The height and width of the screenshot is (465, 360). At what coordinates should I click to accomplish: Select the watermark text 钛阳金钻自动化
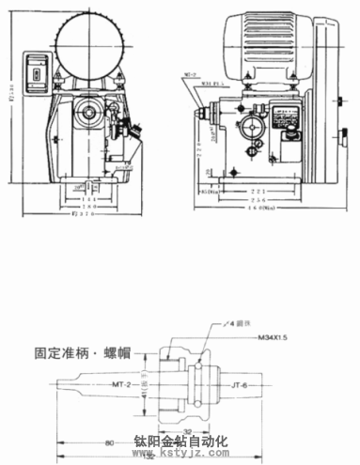pyautogui.click(x=180, y=441)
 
